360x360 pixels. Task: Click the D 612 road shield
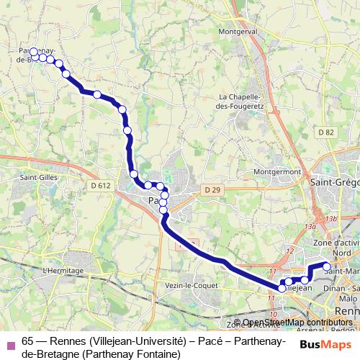click(x=101, y=186)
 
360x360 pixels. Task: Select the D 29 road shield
click(x=211, y=189)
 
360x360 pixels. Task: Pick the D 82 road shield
click(x=326, y=132)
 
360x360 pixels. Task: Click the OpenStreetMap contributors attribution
click(x=297, y=323)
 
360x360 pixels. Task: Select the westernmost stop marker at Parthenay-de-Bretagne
click(x=33, y=52)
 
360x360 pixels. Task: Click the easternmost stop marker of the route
click(x=326, y=267)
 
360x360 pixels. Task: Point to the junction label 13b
click(x=330, y=218)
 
